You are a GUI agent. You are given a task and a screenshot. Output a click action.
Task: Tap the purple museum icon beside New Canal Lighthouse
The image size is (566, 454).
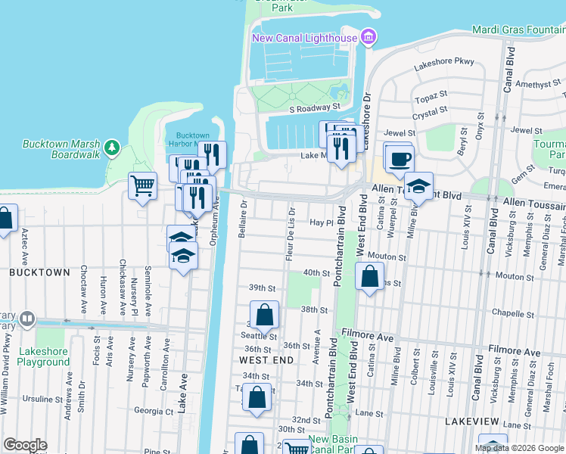[x=369, y=36]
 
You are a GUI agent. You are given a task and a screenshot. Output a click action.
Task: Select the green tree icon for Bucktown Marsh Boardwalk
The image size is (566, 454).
[x=112, y=146]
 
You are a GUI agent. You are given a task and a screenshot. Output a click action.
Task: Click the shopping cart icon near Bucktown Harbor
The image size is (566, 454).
[x=142, y=185]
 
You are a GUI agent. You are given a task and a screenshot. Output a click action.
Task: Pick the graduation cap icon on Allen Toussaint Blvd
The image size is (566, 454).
[x=418, y=185]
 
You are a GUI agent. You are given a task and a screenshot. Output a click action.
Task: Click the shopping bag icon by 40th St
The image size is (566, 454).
[x=369, y=278]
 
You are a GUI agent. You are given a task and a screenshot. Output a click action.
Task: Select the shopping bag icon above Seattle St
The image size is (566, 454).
[x=264, y=314]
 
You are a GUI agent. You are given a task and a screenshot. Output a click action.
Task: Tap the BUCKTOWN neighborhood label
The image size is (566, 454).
[x=39, y=272]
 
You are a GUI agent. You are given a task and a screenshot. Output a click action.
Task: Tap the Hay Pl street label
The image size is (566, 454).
[x=322, y=222]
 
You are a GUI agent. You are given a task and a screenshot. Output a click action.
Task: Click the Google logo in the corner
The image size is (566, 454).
[x=25, y=445]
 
